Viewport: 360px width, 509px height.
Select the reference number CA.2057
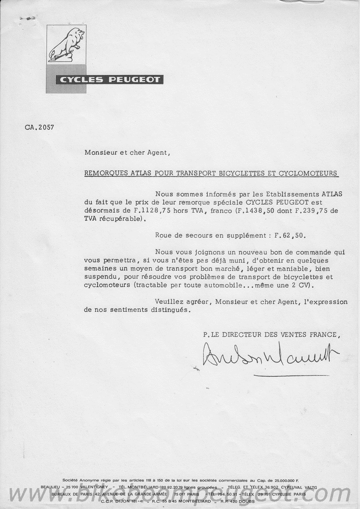coord(40,127)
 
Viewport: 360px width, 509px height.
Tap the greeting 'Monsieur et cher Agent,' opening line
coord(126,152)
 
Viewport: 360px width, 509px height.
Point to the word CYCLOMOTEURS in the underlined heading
coord(308,173)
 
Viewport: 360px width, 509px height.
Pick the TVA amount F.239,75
coord(310,211)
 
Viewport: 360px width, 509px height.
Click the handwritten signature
coord(270,355)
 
